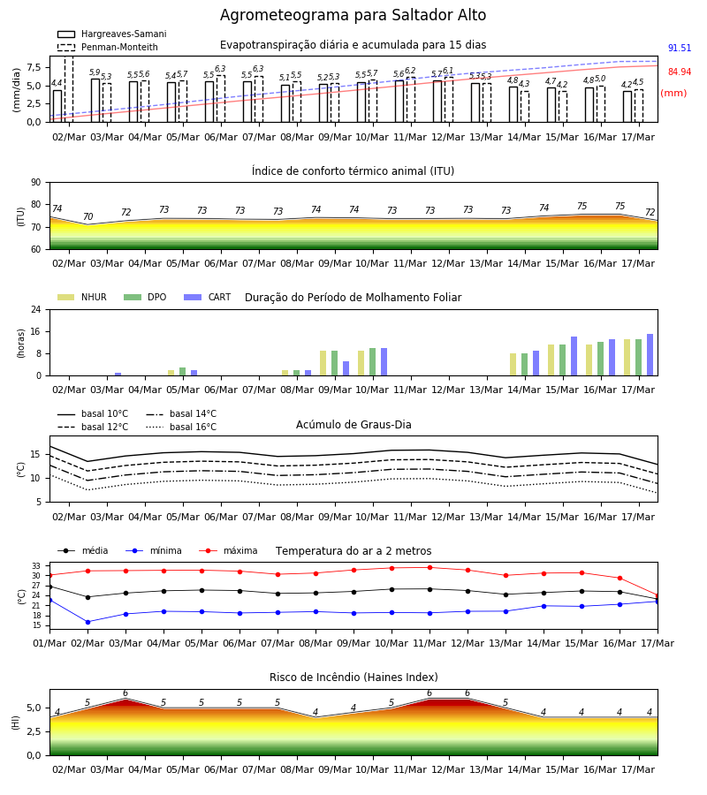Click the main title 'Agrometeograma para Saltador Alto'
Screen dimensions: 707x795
(x=353, y=15)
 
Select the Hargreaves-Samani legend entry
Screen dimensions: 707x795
(x=111, y=34)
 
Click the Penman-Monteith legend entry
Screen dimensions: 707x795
(x=108, y=47)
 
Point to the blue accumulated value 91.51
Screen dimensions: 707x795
(x=680, y=49)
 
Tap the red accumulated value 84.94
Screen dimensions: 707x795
(x=680, y=72)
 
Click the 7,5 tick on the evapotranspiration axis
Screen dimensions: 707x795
(x=34, y=67)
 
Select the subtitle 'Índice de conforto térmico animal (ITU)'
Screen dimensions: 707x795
(x=353, y=170)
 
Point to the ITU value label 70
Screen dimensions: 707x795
(x=87, y=216)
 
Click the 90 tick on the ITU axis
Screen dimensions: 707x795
(x=36, y=183)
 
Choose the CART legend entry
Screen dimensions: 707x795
(x=208, y=297)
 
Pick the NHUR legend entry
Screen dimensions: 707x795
(x=82, y=297)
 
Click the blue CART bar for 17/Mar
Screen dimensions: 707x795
(x=650, y=355)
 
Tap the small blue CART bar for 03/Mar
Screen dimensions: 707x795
(x=118, y=375)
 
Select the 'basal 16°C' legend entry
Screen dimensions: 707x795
(x=181, y=427)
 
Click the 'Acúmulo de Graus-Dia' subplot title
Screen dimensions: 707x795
(x=353, y=424)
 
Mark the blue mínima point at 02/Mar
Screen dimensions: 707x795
(x=87, y=622)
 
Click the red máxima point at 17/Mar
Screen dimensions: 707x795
(x=658, y=596)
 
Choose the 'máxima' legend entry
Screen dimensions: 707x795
(x=228, y=550)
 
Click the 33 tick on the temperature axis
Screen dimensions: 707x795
(x=36, y=566)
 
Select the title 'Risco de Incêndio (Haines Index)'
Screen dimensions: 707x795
(x=353, y=677)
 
